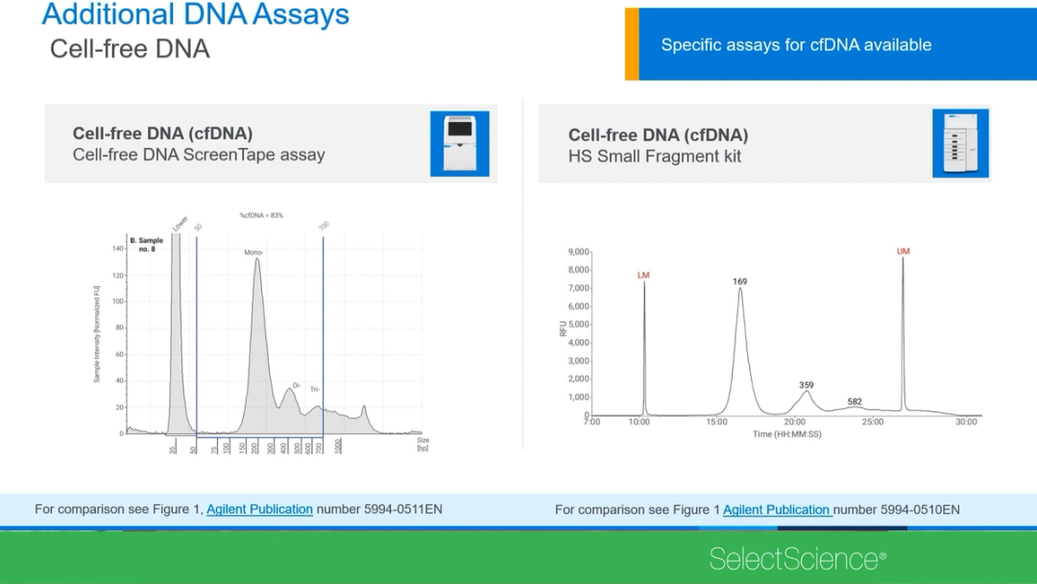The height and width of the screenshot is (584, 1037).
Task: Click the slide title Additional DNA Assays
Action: click(195, 15)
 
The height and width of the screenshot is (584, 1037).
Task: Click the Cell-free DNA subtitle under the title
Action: click(130, 49)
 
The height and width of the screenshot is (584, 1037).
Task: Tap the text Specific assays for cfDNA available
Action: click(796, 45)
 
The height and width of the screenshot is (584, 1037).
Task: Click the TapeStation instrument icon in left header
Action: click(459, 143)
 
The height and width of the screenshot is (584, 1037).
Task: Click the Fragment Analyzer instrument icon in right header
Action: click(960, 143)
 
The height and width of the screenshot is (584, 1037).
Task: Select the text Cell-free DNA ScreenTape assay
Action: click(199, 155)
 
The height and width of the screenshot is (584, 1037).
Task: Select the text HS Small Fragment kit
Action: click(655, 157)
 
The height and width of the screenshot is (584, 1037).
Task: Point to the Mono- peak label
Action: click(253, 253)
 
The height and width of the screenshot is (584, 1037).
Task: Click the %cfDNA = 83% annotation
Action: click(261, 216)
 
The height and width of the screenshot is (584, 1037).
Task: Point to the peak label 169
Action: click(739, 281)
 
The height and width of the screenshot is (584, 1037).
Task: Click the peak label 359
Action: click(806, 385)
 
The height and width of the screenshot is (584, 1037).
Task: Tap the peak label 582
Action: click(855, 401)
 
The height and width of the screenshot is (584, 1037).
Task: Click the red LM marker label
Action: click(643, 276)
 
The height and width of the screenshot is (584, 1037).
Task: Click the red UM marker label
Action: click(903, 252)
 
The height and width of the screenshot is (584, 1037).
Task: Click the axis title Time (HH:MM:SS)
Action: click(786, 434)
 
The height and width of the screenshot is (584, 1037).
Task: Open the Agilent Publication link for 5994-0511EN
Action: click(259, 509)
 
